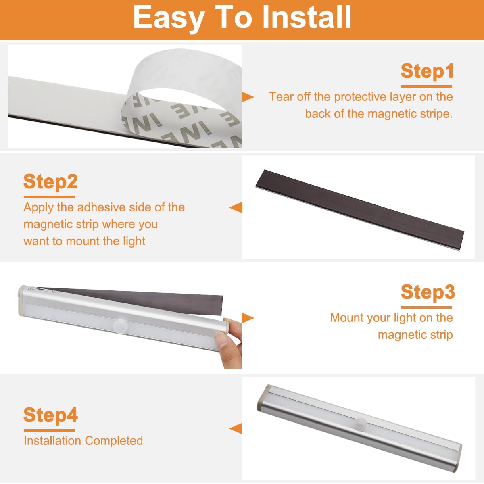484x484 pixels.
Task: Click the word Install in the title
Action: [307, 18]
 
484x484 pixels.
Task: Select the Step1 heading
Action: [427, 71]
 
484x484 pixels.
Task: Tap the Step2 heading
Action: [50, 182]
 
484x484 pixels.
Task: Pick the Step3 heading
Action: [428, 292]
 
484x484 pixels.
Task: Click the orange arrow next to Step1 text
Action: [248, 97]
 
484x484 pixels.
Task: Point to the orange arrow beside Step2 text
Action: [236, 207]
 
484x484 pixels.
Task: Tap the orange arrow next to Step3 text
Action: [248, 318]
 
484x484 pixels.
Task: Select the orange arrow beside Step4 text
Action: [236, 428]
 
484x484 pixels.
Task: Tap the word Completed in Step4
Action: [114, 441]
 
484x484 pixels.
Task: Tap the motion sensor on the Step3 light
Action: [119, 325]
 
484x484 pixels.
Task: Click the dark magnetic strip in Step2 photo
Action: [360, 209]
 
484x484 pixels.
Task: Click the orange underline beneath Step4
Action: [49, 430]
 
